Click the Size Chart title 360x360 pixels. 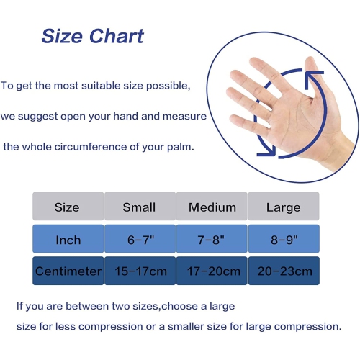[92, 36]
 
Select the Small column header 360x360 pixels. [140, 207]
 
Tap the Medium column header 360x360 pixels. [212, 207]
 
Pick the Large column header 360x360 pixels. [283, 207]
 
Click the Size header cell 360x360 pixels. [67, 207]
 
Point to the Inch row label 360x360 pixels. [68, 239]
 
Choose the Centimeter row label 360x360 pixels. [68, 271]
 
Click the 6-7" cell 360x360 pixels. [140, 239]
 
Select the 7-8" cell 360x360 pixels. [212, 239]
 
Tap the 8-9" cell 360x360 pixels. [283, 239]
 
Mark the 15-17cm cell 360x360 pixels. [140, 271]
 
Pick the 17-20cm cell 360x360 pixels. [212, 271]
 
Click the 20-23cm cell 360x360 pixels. [283, 271]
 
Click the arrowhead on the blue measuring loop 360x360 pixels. [269, 148]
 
